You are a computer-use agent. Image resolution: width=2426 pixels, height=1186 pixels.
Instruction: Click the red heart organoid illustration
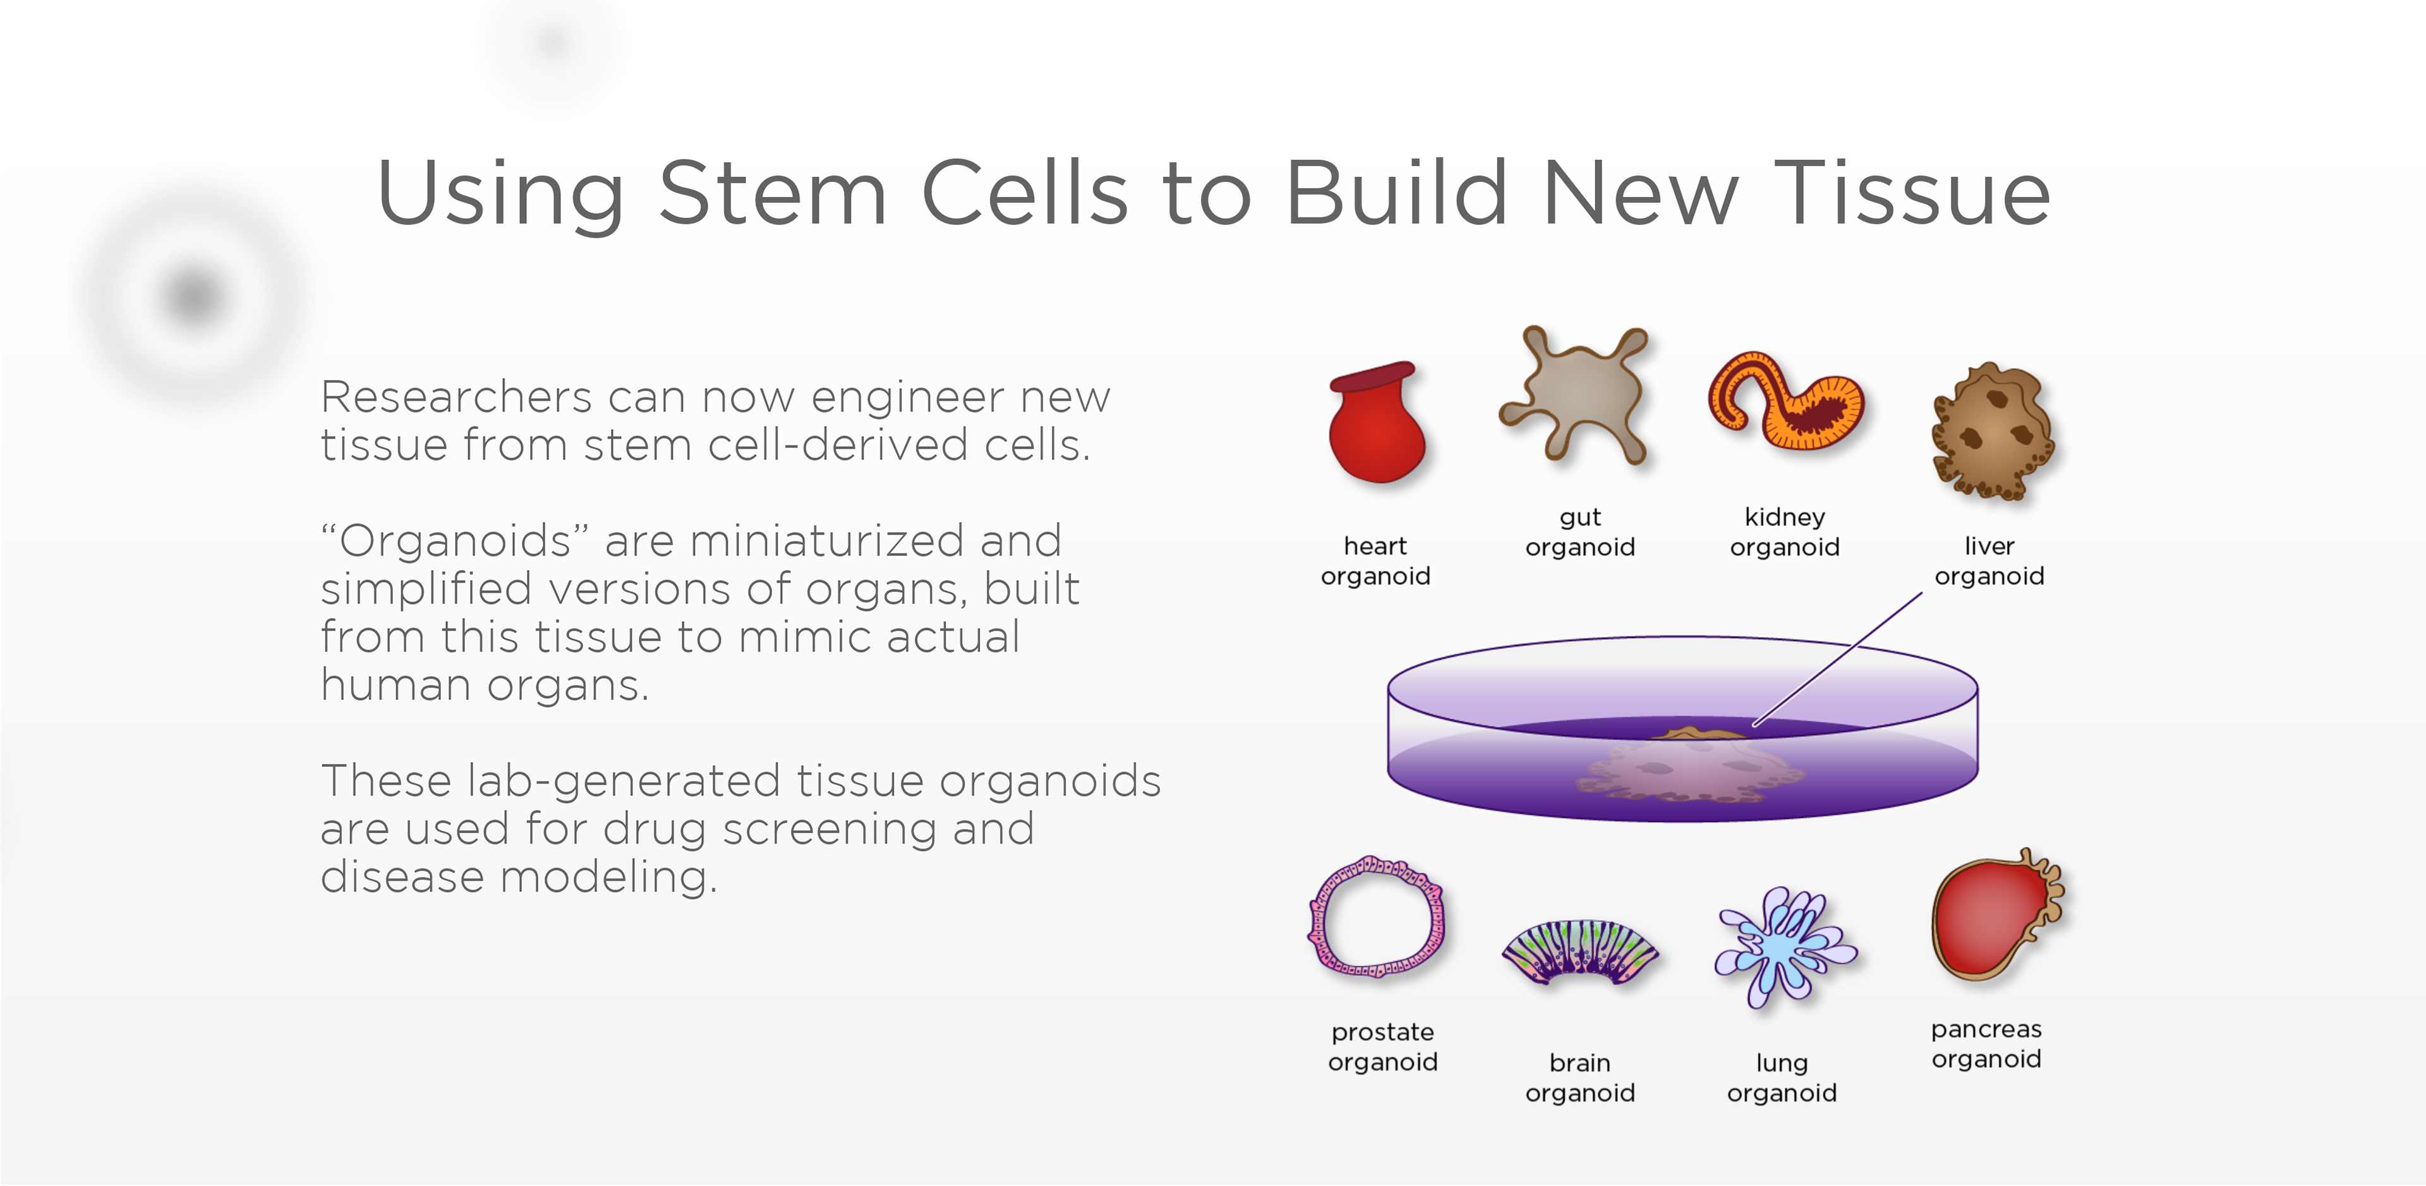(x=1376, y=424)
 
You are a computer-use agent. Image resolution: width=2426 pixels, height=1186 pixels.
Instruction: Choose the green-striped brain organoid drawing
(x=1580, y=952)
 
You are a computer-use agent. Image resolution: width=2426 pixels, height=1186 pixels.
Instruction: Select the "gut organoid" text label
(x=1579, y=532)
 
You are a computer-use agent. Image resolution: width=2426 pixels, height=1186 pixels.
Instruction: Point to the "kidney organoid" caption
(x=1785, y=532)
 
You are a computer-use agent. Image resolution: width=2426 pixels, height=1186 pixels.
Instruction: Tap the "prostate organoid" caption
(x=1382, y=1046)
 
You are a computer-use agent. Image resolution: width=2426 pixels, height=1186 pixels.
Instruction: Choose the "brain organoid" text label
(x=1579, y=1078)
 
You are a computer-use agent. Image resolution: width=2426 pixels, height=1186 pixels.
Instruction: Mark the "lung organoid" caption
(x=1782, y=1078)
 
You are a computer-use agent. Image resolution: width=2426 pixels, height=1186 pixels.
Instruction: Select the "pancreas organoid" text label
(x=1986, y=1044)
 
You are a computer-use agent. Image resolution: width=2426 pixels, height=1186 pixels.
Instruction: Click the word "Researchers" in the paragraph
(x=456, y=397)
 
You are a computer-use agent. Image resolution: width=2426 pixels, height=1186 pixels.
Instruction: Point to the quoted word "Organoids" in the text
(x=455, y=541)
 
